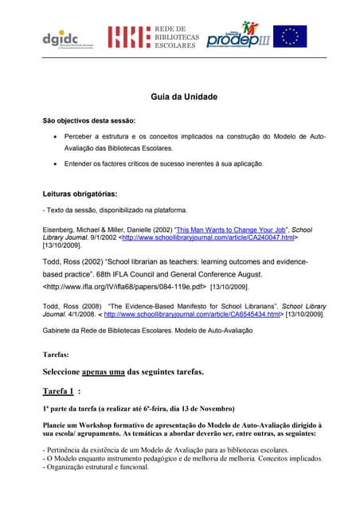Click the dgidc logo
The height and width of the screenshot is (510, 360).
click(x=61, y=36)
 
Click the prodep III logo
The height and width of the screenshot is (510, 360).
click(x=238, y=35)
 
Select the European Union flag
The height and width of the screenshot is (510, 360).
click(x=291, y=36)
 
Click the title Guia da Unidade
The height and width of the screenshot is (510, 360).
click(x=184, y=96)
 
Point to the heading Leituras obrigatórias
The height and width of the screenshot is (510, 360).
click(x=80, y=194)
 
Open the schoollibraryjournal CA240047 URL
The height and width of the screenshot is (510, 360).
click(x=204, y=237)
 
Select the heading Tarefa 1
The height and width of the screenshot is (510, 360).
click(x=59, y=391)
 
